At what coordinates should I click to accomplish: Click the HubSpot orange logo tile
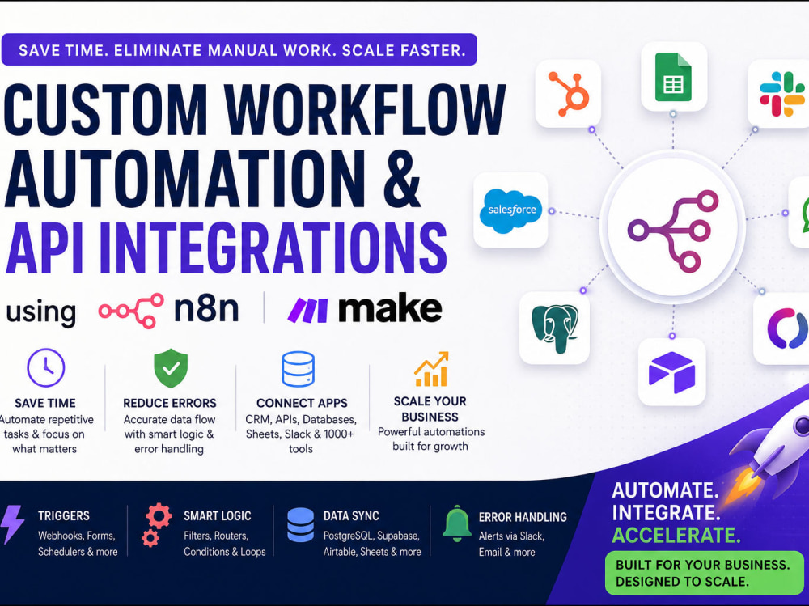pyautogui.click(x=568, y=93)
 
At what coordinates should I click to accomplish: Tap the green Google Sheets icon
pyautogui.click(x=673, y=78)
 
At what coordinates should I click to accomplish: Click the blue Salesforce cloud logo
pyautogui.click(x=511, y=210)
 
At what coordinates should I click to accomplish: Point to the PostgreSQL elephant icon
pyautogui.click(x=555, y=327)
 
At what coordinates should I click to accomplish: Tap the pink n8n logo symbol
pyautogui.click(x=131, y=310)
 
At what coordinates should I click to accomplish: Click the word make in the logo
pyautogui.click(x=390, y=309)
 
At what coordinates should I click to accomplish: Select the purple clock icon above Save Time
pyautogui.click(x=46, y=368)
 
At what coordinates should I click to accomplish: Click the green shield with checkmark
pyautogui.click(x=171, y=368)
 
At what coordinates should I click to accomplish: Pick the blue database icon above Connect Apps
pyautogui.click(x=298, y=369)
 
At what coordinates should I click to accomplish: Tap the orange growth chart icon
pyautogui.click(x=431, y=369)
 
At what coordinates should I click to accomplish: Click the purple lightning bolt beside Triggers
pyautogui.click(x=11, y=524)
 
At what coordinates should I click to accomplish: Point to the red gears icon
pyautogui.click(x=155, y=524)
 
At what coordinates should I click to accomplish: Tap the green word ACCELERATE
pyautogui.click(x=676, y=536)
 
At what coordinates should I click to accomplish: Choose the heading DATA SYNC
pyautogui.click(x=351, y=515)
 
